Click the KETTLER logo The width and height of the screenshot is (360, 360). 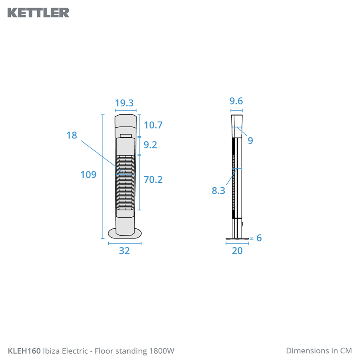pyautogui.click(x=38, y=13)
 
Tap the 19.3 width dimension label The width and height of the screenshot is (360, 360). pyautogui.click(x=124, y=103)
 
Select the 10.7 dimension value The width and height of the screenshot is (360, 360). pyautogui.click(x=153, y=125)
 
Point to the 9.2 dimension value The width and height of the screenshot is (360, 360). pyautogui.click(x=150, y=145)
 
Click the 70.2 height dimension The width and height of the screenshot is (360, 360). pyautogui.click(x=153, y=180)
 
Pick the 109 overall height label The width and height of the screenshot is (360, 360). pyautogui.click(x=88, y=175)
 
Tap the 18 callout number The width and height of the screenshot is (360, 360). pyautogui.click(x=72, y=135)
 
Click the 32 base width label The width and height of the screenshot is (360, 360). pyautogui.click(x=124, y=251)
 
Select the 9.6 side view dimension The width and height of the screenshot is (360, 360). pyautogui.click(x=236, y=101)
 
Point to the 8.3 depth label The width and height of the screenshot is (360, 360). pyautogui.click(x=218, y=190)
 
